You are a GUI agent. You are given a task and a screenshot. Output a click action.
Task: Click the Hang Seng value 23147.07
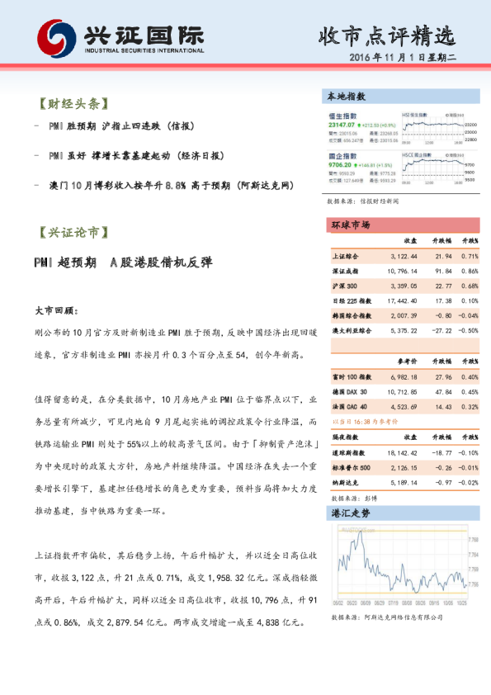(345, 124)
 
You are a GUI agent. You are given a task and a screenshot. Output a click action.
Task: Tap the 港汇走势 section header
(350, 513)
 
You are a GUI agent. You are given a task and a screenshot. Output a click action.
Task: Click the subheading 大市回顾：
(56, 311)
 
